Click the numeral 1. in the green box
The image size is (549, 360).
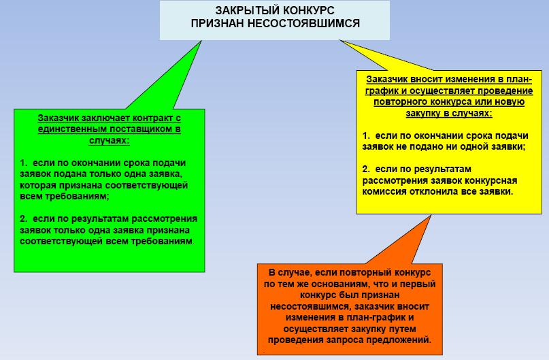click(x=24, y=163)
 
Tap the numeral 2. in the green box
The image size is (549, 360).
click(x=24, y=219)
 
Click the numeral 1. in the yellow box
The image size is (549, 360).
click(x=366, y=136)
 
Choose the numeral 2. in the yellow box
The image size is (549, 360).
click(x=366, y=169)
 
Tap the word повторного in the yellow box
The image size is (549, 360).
click(x=398, y=101)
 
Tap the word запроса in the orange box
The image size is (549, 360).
click(x=360, y=340)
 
